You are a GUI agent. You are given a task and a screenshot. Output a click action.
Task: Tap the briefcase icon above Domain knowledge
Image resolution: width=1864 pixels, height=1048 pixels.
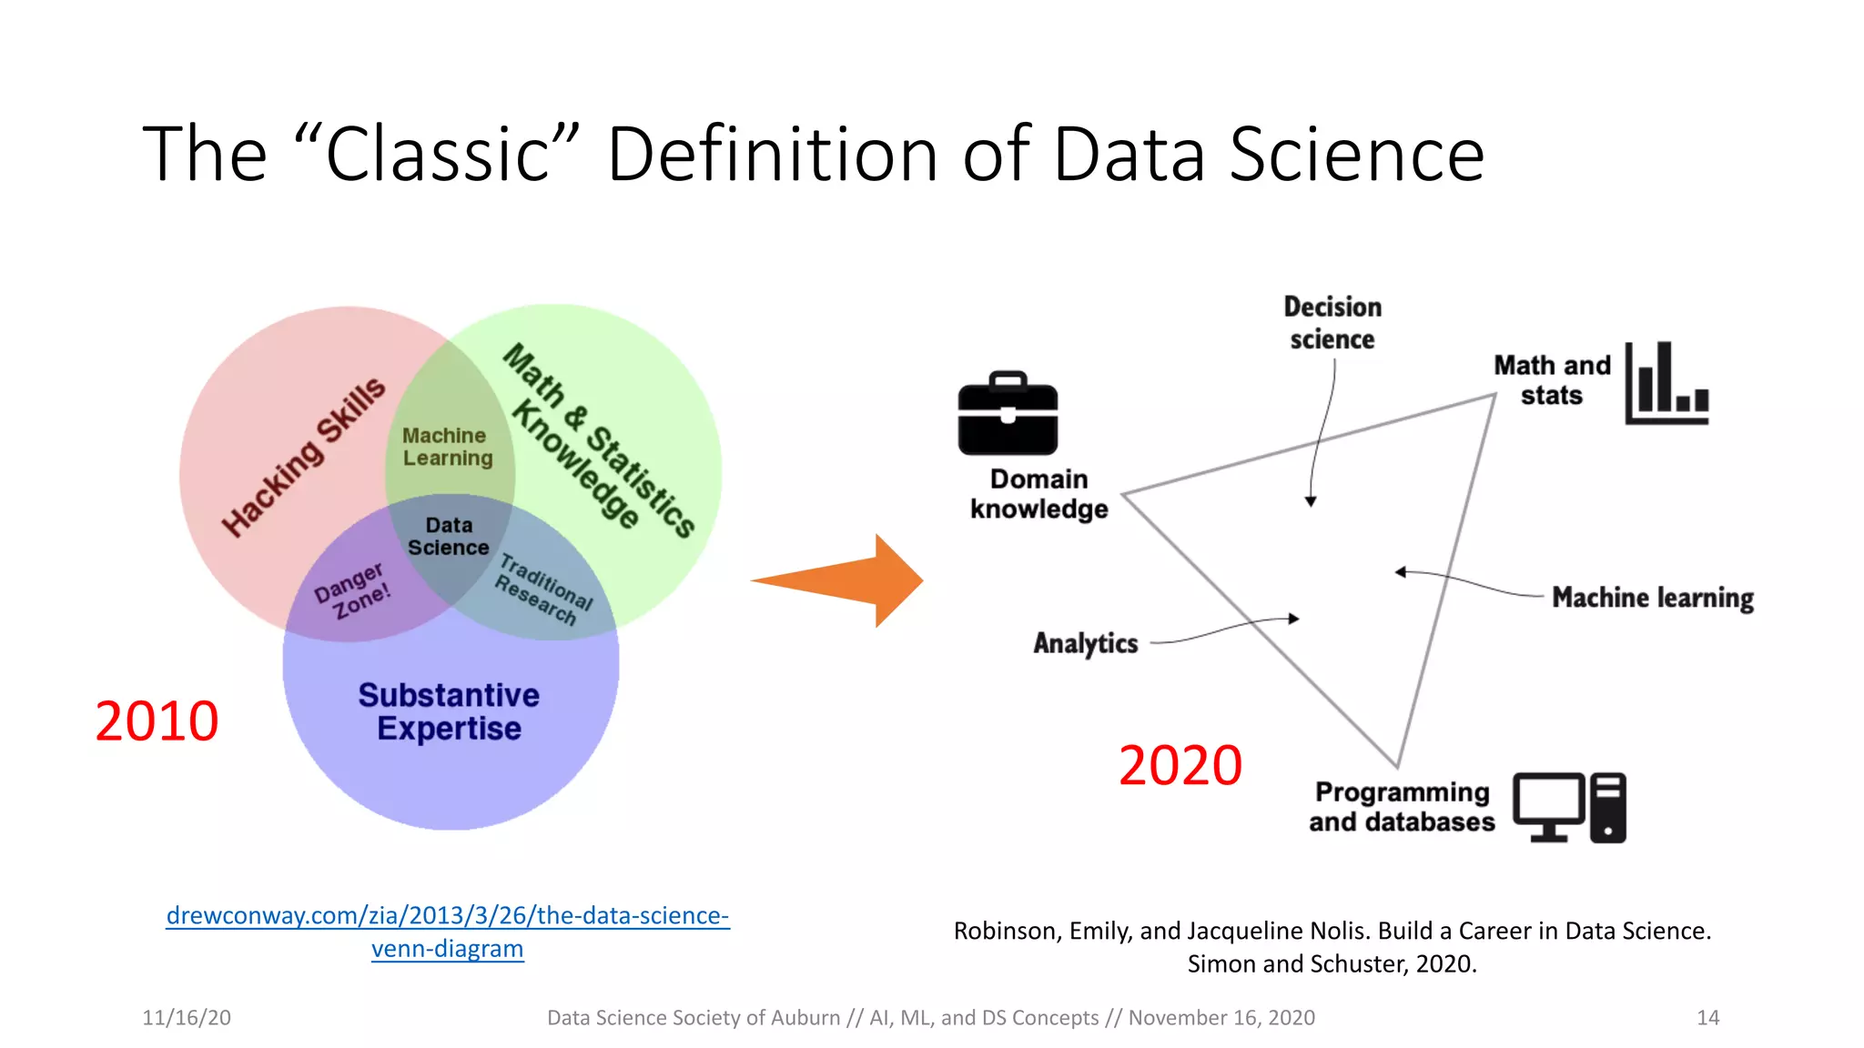1008,415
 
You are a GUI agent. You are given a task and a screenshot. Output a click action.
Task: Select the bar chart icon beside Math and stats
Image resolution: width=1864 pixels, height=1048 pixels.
1666,384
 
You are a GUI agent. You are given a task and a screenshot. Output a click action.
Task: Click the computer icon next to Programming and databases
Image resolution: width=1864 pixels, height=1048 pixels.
1569,808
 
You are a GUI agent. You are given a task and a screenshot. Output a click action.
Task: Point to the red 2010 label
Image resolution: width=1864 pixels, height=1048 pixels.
157,721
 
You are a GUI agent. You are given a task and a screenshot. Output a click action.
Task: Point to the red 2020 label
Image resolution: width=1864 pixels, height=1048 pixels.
1180,765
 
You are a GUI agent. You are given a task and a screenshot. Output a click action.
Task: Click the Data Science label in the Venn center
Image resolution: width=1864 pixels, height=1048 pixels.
449,537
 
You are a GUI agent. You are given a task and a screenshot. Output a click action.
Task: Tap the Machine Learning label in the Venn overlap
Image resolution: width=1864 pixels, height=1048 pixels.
447,447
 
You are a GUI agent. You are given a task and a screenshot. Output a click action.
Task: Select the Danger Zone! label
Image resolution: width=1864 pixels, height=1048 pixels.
352,590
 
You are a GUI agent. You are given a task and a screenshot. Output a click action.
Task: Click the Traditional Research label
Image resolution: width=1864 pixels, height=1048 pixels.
543,589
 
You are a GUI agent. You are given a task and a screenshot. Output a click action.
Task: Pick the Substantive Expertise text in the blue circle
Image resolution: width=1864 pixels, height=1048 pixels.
449,711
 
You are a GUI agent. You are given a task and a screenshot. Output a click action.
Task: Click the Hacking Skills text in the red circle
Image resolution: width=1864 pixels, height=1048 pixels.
304,458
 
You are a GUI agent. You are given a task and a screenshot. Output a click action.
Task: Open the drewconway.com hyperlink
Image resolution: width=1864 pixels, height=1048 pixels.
447,916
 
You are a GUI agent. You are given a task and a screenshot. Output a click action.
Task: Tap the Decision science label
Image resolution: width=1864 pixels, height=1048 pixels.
1332,323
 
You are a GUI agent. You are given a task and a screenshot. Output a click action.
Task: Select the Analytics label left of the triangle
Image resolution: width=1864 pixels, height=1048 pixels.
1085,643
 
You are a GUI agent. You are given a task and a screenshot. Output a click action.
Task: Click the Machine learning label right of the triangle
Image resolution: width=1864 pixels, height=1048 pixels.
1652,598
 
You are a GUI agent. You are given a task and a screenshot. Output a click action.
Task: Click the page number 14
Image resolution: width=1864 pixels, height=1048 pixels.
1707,1018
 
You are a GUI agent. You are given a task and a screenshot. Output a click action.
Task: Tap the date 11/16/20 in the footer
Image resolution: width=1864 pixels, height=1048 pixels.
187,1018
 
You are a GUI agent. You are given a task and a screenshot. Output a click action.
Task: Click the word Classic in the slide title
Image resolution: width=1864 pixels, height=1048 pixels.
438,155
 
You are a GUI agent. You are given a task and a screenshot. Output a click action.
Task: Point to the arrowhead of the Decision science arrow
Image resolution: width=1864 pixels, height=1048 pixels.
1311,501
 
